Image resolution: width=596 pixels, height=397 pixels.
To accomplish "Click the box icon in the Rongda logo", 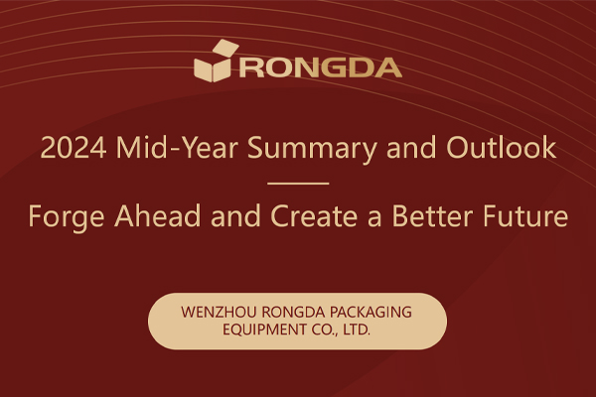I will tap(213, 63).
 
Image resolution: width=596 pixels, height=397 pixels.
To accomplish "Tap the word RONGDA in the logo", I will tap(318, 68).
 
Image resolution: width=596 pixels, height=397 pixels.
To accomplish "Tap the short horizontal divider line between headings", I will tap(298, 184).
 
